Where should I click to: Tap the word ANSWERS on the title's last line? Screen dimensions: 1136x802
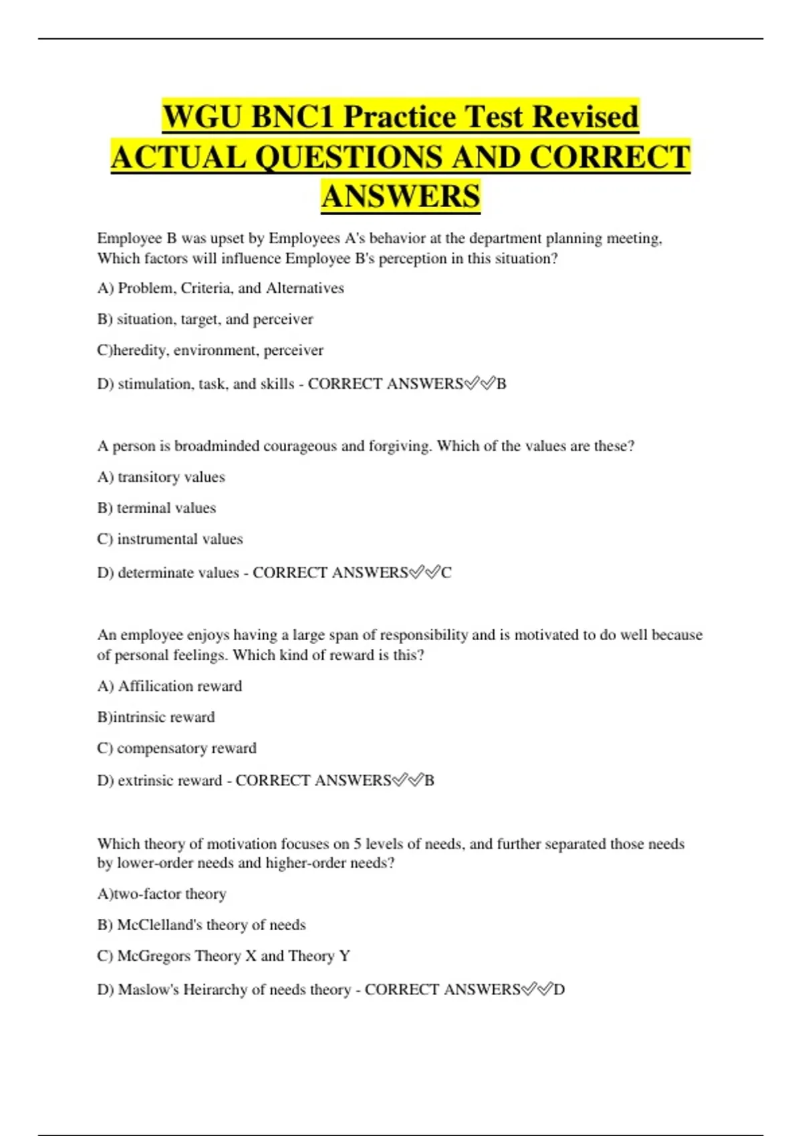[x=400, y=196]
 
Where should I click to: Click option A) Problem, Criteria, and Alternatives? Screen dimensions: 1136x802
[x=221, y=288]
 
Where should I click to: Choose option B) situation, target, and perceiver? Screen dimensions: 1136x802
[x=205, y=319]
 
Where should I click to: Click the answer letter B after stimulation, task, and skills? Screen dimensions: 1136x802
[x=501, y=384]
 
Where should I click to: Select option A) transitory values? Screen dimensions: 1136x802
[x=161, y=477]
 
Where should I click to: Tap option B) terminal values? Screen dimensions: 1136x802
[x=156, y=508]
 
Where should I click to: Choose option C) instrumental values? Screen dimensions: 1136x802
[x=170, y=539]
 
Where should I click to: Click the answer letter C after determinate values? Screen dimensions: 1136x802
[x=446, y=573]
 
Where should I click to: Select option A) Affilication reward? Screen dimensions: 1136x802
[x=170, y=686]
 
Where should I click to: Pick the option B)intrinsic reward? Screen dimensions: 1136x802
[x=156, y=717]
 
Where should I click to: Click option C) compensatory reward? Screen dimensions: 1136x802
[x=176, y=748]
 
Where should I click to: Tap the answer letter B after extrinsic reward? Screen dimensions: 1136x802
[x=429, y=780]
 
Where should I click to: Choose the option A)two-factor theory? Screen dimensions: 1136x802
[x=162, y=894]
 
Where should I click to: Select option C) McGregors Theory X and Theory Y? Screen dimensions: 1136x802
[x=223, y=956]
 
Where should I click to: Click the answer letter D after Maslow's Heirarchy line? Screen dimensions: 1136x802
[x=559, y=990]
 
